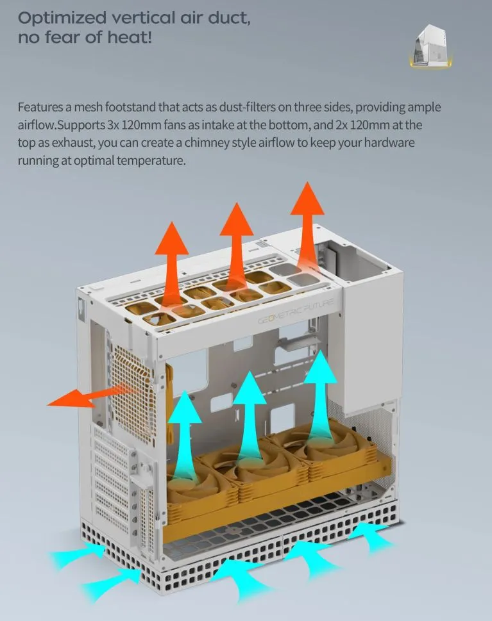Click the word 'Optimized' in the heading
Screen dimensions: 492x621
(x=62, y=19)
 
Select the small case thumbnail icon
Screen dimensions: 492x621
(x=430, y=46)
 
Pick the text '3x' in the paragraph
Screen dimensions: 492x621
(x=113, y=125)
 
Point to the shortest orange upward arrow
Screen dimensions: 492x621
(x=172, y=266)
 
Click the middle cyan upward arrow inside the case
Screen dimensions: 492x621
(x=249, y=416)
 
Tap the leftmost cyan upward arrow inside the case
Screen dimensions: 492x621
(x=184, y=436)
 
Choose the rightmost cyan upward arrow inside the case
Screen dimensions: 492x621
(x=320, y=396)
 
